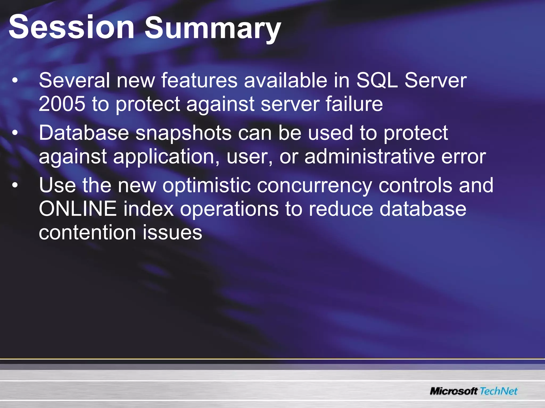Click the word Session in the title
point(71,27)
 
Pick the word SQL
point(377,80)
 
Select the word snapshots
point(184,133)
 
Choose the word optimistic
point(207,185)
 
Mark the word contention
point(87,232)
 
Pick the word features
point(199,80)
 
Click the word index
point(148,209)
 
